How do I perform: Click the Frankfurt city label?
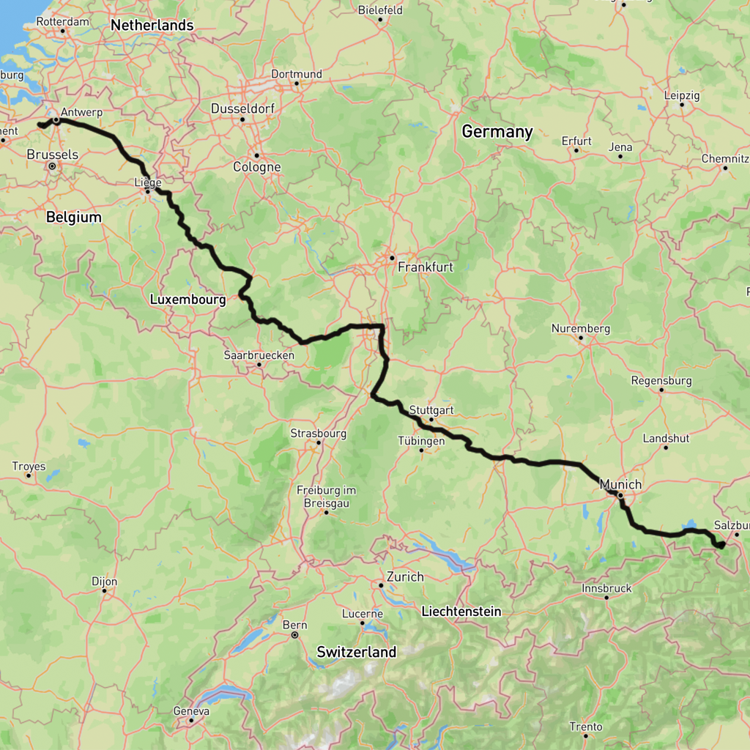coord(425,267)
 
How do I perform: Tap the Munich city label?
coord(620,484)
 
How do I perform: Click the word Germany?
coord(497,133)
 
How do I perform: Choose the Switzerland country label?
coord(356,651)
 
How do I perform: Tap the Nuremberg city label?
coord(580,329)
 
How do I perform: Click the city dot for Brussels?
coord(52,166)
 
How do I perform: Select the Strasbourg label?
coord(319,433)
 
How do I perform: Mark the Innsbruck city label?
coord(606,588)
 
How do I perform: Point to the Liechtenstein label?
coord(461,611)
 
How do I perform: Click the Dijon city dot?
coord(105,591)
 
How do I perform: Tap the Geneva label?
coord(191,710)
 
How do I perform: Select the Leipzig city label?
coord(682,95)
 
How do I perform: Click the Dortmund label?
coord(297,74)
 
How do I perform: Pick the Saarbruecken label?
coord(259,355)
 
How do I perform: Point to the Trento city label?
coord(586,727)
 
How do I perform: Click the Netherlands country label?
coord(152,26)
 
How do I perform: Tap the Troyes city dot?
coord(29,475)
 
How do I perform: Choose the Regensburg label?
coord(661,381)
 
